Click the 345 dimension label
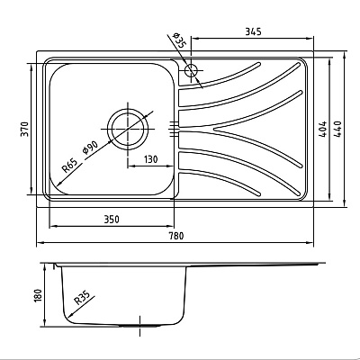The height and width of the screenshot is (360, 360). (x=254, y=31)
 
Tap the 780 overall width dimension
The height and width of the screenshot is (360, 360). (x=176, y=236)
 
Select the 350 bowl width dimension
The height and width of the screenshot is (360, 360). (x=112, y=220)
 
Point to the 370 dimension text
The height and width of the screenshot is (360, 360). (x=25, y=129)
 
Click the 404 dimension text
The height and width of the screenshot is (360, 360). (x=323, y=130)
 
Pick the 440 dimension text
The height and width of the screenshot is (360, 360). (x=337, y=130)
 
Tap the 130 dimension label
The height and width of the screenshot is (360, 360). (x=150, y=159)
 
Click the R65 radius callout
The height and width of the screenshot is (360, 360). (x=69, y=166)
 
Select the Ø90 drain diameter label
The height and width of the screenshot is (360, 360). (x=90, y=147)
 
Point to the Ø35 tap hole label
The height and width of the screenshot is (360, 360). (x=179, y=41)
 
